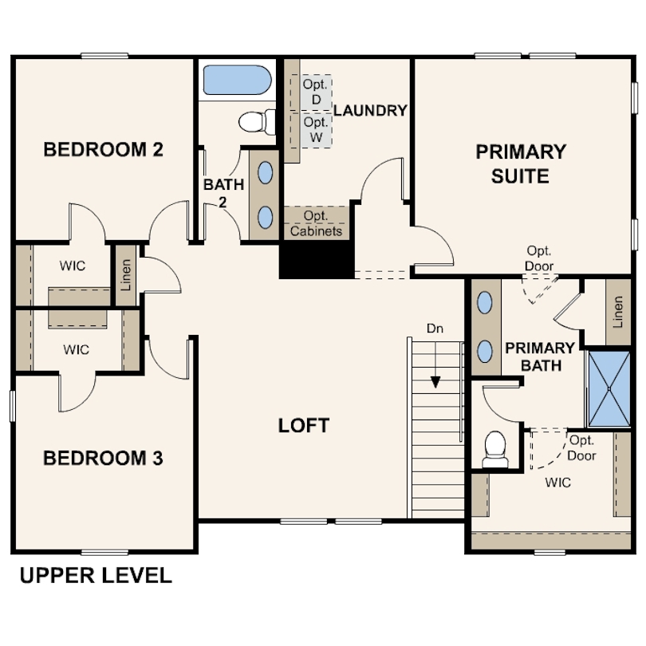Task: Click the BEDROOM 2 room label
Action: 103,150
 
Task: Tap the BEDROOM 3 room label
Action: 103,458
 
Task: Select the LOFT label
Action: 304,426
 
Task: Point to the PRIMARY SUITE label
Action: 521,164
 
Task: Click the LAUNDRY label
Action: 370,110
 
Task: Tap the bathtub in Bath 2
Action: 238,80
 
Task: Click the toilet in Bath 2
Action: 257,122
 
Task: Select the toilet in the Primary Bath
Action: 495,450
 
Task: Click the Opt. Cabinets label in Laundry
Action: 316,223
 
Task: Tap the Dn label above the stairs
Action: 435,329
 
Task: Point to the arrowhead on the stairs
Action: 435,382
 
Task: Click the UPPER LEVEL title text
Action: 96,575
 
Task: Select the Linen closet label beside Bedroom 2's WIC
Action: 126,275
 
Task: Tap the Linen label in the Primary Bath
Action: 617,312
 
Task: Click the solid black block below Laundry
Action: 317,260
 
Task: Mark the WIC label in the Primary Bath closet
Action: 557,483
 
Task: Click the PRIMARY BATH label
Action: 540,356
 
